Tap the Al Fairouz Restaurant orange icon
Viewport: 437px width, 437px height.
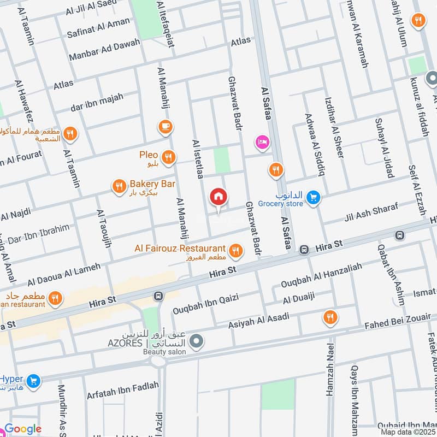[x=236, y=250]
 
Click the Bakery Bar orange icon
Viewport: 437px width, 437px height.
[x=119, y=187]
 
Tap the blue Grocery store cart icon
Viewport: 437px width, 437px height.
[x=313, y=197]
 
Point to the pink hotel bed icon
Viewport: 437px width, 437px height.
[x=262, y=143]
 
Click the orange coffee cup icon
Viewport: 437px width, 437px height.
[x=165, y=127]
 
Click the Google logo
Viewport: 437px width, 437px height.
[x=23, y=429]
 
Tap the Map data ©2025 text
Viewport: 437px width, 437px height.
[x=408, y=432]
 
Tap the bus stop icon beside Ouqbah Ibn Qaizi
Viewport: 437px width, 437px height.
[x=158, y=296]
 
